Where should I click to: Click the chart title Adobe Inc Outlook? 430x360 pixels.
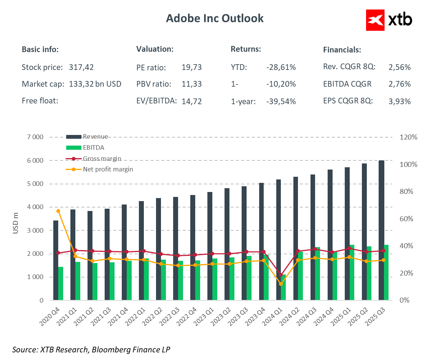(215, 18)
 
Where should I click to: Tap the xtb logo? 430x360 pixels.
(389, 20)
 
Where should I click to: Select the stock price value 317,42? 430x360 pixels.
(81, 68)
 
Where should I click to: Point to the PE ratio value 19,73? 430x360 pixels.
(192, 68)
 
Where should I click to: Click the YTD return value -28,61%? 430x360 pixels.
(281, 68)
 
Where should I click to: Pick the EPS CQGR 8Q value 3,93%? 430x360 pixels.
(400, 101)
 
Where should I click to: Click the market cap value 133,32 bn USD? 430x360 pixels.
(95, 84)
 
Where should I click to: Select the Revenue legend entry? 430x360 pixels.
(96, 137)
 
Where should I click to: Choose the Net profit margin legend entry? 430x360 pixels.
(108, 169)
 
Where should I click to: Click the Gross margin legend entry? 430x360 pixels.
(102, 159)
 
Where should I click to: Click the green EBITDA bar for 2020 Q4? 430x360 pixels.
(61, 283)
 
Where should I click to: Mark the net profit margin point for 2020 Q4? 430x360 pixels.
(58, 211)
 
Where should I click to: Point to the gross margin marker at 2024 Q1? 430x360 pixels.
(281, 274)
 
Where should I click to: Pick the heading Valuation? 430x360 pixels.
(155, 49)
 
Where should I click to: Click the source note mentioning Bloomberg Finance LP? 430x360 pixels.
(91, 349)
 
